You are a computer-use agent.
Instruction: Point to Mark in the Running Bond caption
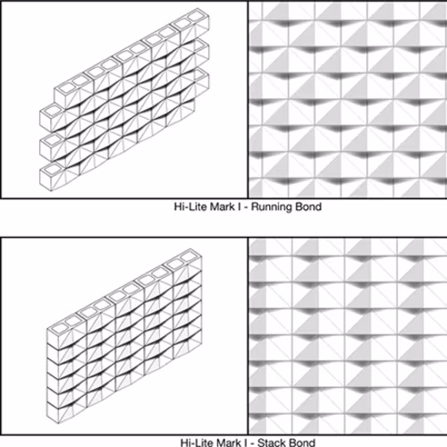tap(222, 207)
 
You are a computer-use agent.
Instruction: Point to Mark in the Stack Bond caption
tap(228, 443)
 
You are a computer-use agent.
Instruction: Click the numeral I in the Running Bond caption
tap(240, 207)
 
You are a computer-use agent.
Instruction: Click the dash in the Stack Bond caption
tap(251, 443)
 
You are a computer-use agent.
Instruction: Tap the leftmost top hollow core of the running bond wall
tap(64, 88)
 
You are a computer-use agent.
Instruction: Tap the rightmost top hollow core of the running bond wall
tap(196, 16)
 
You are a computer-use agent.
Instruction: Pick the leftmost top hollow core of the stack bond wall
tap(58, 328)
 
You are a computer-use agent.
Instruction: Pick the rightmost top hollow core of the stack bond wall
tap(188, 257)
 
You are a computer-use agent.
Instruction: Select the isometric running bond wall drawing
tap(124, 99)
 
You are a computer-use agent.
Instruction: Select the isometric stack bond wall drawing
tap(124, 336)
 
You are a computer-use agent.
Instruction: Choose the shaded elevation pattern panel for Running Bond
tap(348, 99)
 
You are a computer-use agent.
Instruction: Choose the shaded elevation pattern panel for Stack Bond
tap(348, 336)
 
